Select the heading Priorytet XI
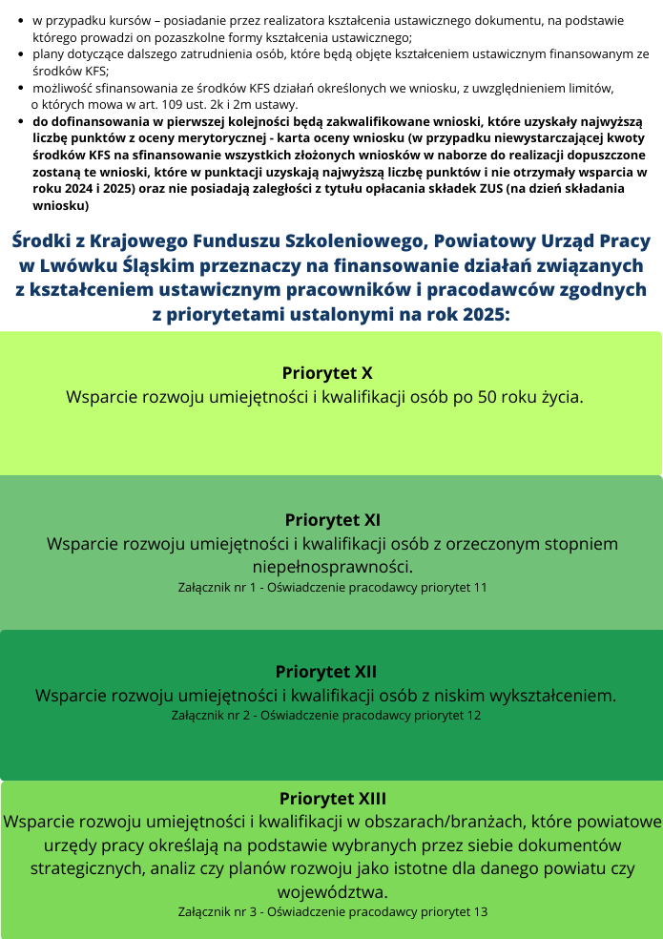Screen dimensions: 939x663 click(x=333, y=520)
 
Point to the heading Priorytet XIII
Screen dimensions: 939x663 click(x=332, y=798)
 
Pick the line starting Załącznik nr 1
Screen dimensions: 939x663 click(x=332, y=587)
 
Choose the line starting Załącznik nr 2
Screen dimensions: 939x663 click(x=326, y=714)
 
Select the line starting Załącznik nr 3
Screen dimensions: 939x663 click(x=332, y=911)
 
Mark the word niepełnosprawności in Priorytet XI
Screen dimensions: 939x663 click(x=332, y=567)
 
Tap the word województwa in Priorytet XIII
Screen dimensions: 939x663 click(x=332, y=892)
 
